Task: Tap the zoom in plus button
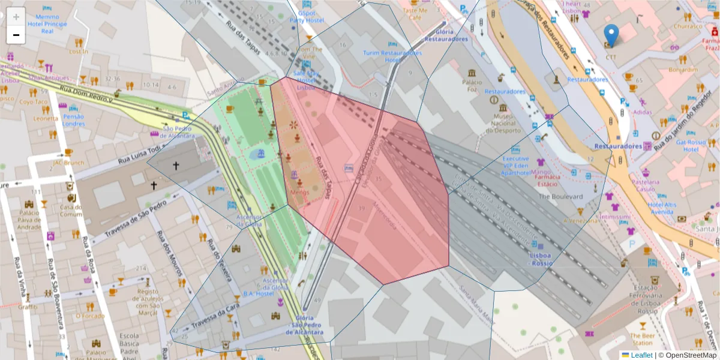pyautogui.click(x=16, y=17)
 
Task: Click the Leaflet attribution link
pyautogui.click(x=641, y=355)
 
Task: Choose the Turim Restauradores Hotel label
pyautogui.click(x=392, y=56)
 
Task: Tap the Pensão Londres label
pyautogui.click(x=74, y=120)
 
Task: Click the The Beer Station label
pyautogui.click(x=642, y=339)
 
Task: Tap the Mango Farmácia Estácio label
pyautogui.click(x=545, y=173)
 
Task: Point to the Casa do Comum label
pyautogui.click(x=70, y=211)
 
